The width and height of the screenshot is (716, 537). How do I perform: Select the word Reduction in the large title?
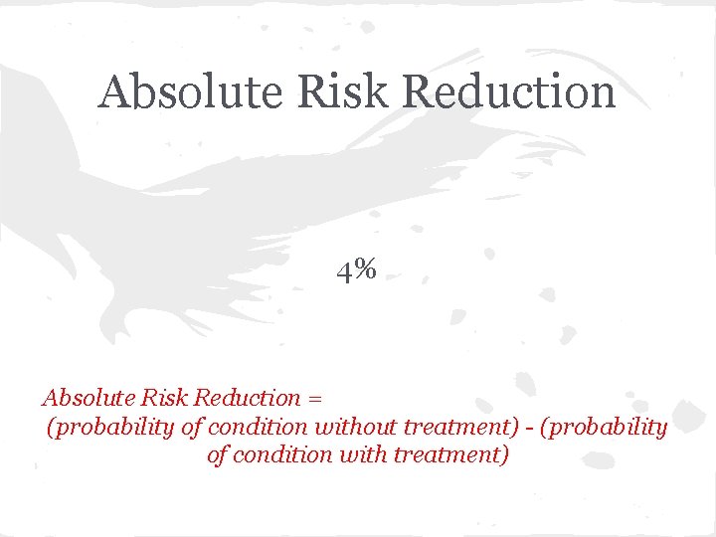[509, 92]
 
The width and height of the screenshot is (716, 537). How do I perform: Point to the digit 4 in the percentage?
[343, 268]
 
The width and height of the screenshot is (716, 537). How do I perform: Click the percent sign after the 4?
[364, 268]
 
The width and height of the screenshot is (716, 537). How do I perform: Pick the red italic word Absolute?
[86, 398]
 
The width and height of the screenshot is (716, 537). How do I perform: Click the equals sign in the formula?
[315, 399]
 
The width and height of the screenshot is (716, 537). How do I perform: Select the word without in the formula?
[357, 427]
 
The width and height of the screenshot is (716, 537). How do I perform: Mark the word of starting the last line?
[218, 455]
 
